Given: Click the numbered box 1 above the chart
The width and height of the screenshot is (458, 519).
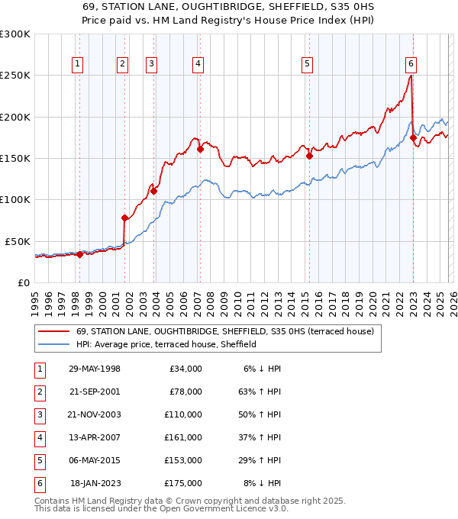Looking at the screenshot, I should click(79, 65).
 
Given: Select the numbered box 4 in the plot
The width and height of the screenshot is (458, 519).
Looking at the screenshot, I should click(198, 65).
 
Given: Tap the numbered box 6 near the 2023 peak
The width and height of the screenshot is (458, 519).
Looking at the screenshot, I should click(411, 65).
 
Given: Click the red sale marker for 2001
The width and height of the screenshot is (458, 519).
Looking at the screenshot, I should click(124, 218).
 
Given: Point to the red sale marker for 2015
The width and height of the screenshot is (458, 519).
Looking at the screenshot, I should click(309, 156).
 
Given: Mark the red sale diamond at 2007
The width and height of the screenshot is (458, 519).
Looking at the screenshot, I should click(200, 150).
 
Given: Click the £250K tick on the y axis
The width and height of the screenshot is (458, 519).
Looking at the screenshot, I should click(15, 76).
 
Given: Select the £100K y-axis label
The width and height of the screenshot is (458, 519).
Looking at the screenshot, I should click(15, 199).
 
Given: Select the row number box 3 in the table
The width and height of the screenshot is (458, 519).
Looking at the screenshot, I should click(40, 414).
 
